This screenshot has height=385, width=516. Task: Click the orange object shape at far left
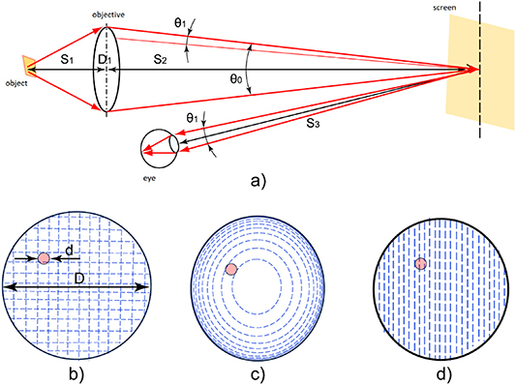[x=30, y=67]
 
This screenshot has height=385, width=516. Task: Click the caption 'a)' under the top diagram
[x=258, y=180]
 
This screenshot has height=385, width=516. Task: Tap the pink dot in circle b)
[x=45, y=257]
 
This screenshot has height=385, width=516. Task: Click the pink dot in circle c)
[x=230, y=269]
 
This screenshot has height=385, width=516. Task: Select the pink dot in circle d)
[x=420, y=264]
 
